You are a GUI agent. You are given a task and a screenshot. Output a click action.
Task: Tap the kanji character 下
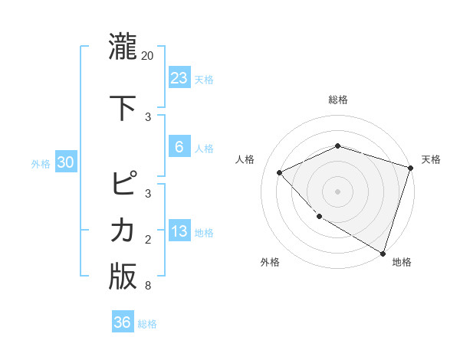123,105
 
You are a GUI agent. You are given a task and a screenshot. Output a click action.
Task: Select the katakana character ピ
123,184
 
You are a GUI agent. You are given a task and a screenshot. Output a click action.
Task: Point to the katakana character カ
123,230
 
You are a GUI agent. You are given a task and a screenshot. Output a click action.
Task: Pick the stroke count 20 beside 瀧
148,56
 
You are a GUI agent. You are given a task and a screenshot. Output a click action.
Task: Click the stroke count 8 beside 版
147,286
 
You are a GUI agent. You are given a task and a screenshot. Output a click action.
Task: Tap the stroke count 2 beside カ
147,240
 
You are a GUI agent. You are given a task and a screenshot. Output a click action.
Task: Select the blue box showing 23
179,77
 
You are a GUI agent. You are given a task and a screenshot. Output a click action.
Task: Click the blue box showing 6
179,147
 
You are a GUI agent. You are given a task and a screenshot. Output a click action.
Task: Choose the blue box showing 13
179,231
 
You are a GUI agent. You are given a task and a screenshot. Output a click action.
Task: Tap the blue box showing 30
65,162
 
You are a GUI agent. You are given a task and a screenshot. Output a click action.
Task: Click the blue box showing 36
122,322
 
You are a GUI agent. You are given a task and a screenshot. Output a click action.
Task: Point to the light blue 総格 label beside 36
147,324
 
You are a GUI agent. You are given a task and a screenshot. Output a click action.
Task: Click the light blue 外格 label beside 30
41,163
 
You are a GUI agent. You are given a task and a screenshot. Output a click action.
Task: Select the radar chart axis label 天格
431,159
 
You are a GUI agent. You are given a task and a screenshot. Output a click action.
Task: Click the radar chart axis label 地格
402,262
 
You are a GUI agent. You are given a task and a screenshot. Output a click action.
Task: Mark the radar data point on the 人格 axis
280,172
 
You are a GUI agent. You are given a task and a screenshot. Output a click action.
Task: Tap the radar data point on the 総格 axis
337,146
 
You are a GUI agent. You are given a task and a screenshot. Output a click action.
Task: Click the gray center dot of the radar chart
337,191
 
